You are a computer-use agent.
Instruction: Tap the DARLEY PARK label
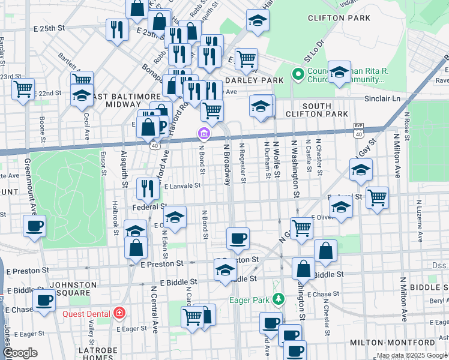pyautogui.click(x=254, y=80)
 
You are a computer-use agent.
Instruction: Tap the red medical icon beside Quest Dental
pyautogui.click(x=119, y=313)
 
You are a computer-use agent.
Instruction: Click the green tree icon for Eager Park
pyautogui.click(x=278, y=299)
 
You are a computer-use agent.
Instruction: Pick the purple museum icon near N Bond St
pyautogui.click(x=204, y=133)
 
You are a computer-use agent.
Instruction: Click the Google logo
pyautogui.click(x=20, y=353)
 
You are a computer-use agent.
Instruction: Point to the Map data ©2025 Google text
pyautogui.click(x=412, y=355)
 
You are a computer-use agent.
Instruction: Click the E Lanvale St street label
pyautogui.click(x=180, y=186)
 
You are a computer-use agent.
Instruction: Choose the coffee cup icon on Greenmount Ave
pyautogui.click(x=34, y=226)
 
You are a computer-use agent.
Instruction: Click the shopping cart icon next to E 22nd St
pyautogui.click(x=23, y=89)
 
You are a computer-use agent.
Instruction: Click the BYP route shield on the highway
pyautogui.click(x=358, y=126)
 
